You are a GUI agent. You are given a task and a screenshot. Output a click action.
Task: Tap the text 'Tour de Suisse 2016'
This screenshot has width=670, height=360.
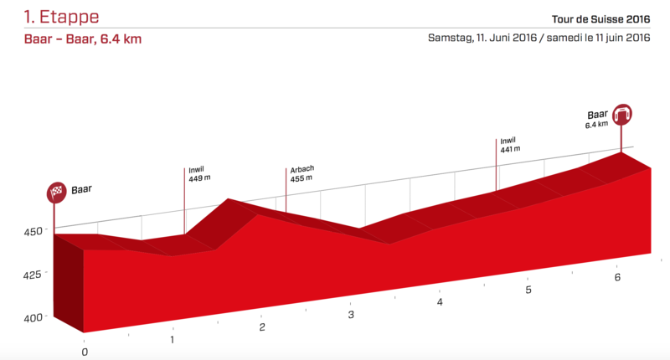(x=601, y=18)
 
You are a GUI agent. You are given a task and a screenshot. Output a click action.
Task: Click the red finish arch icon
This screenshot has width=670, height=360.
(x=622, y=113)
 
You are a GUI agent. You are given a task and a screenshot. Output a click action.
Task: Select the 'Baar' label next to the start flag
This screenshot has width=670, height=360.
(x=81, y=190)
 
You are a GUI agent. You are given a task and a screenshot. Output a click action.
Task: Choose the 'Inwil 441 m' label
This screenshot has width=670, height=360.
(x=511, y=145)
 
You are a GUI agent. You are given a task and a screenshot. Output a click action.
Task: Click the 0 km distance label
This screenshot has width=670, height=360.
(x=85, y=352)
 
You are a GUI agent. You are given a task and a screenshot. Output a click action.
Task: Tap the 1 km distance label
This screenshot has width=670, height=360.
(x=173, y=340)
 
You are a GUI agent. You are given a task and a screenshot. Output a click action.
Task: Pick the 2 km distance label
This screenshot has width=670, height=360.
(x=262, y=327)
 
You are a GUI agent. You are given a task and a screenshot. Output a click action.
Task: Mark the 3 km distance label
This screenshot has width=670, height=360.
(x=351, y=315)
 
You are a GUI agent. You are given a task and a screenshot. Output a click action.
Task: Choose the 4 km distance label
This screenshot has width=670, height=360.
(x=440, y=302)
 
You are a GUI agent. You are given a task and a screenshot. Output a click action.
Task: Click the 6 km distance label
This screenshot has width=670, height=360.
(x=617, y=277)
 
